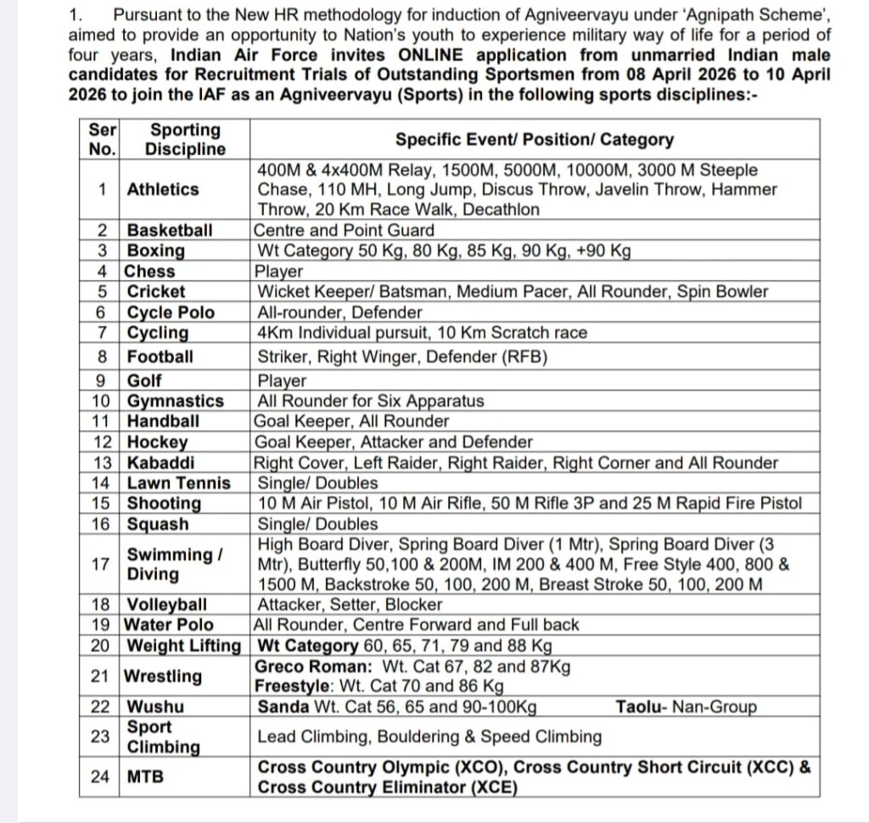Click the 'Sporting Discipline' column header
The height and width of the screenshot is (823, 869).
(x=185, y=140)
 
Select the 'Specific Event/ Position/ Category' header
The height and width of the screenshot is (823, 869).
(x=535, y=140)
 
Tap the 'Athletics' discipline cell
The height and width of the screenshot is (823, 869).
(x=163, y=190)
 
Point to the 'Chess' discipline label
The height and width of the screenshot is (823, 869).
(x=150, y=272)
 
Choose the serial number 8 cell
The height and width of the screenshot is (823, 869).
(x=102, y=357)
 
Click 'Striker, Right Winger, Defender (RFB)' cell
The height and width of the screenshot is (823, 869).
(x=402, y=357)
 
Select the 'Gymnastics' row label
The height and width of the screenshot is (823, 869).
(x=176, y=401)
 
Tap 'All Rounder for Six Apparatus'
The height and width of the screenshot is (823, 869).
(x=371, y=401)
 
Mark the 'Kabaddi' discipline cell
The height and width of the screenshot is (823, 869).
(x=160, y=463)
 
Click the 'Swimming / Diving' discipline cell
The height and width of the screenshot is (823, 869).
(x=175, y=564)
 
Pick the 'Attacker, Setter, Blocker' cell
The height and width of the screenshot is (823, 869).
(x=350, y=605)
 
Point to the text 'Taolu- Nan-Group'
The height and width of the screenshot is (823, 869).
(x=686, y=707)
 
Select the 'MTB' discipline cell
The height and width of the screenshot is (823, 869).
(x=145, y=776)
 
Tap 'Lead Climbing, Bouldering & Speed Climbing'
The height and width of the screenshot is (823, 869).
(x=429, y=736)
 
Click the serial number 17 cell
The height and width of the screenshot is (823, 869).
(x=102, y=564)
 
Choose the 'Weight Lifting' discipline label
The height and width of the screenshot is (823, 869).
(x=184, y=646)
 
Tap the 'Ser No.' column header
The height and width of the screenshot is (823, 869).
(x=102, y=140)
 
